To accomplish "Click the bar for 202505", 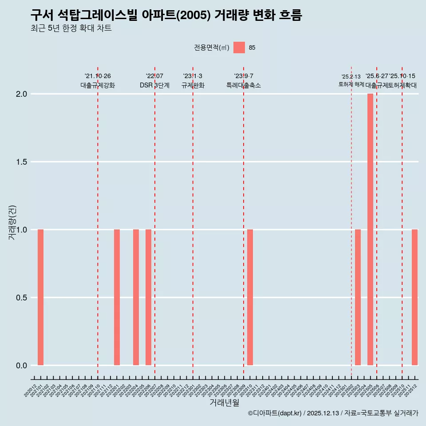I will [x=370, y=229].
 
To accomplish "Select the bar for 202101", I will [x=40, y=297].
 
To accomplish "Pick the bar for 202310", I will [x=250, y=297].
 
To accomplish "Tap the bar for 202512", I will [x=414, y=297].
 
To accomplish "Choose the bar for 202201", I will [x=117, y=297].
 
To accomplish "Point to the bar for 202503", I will [x=358, y=297].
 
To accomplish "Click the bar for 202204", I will [x=136, y=297].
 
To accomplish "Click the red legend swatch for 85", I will [x=239, y=47].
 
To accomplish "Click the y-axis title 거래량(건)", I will [x=12, y=222].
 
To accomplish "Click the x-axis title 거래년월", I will [x=224, y=403].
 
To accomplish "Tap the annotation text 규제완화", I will [x=193, y=85].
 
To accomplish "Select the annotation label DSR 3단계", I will [x=154, y=85].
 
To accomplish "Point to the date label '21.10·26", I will [x=98, y=76].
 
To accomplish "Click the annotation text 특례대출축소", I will [x=244, y=85].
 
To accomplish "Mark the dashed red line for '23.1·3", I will [x=193, y=222].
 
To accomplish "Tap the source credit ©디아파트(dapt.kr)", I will [x=275, y=413].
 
